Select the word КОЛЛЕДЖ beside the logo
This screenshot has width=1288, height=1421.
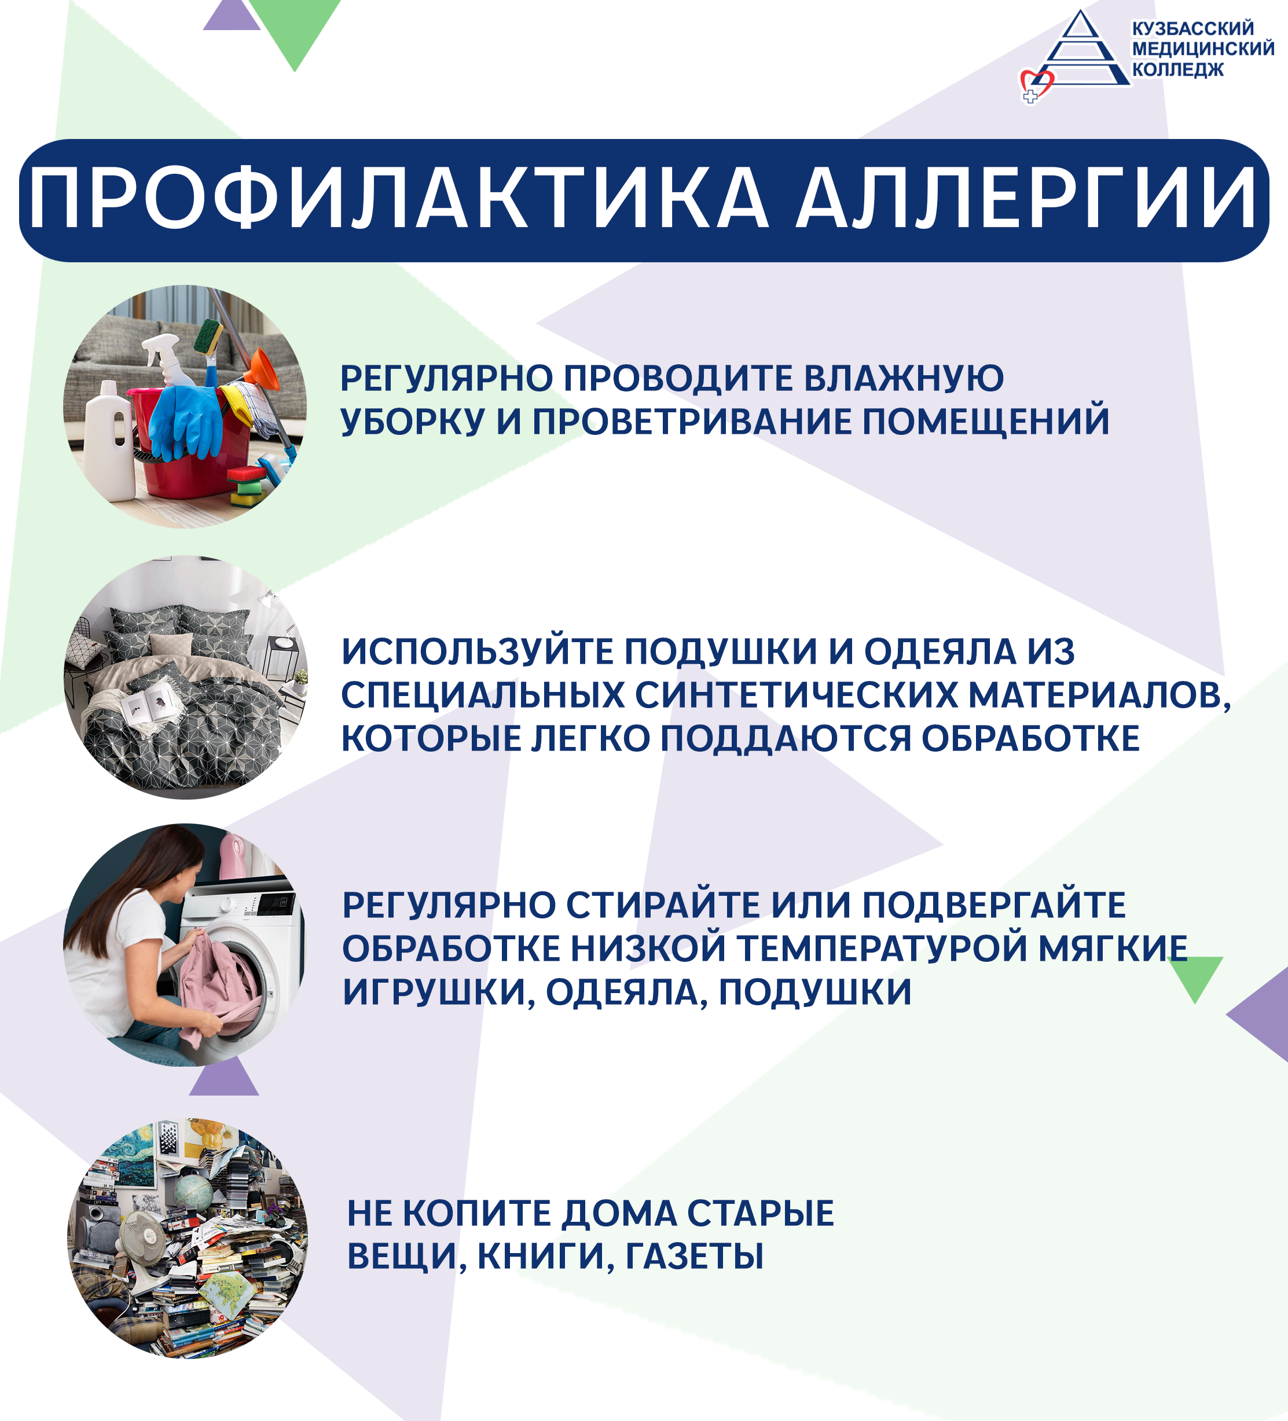(x=1178, y=69)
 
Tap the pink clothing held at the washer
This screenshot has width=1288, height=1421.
(x=215, y=986)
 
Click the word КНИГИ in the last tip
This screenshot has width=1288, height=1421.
(x=542, y=1257)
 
